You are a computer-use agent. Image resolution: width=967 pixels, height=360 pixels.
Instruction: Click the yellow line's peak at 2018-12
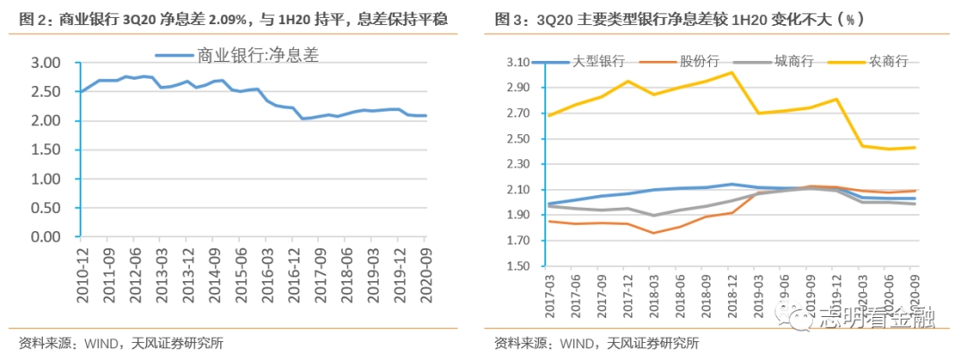[x=732, y=73]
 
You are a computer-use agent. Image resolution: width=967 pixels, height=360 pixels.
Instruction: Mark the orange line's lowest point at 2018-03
[x=654, y=233]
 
